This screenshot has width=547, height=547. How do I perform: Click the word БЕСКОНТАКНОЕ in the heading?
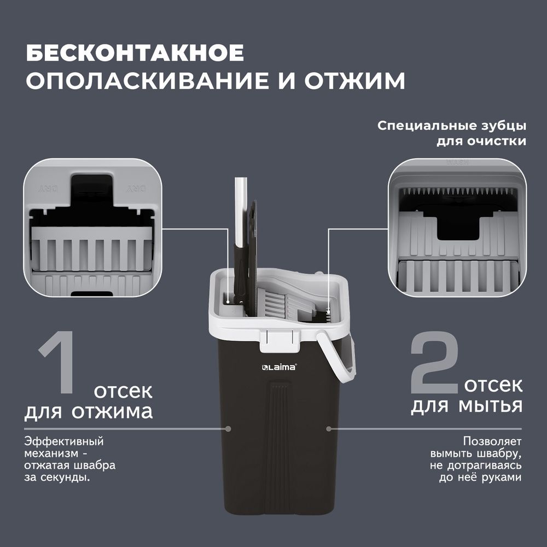point(135,54)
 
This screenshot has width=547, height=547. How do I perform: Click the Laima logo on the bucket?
point(279,367)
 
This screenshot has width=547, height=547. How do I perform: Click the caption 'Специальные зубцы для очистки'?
point(452,133)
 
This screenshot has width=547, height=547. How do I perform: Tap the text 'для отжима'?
point(89,411)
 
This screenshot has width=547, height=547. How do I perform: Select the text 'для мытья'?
point(467,406)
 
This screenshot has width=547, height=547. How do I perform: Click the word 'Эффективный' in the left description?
point(64,441)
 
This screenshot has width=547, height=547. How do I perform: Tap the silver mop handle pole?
point(240,213)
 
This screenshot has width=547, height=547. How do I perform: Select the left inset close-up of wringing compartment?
point(92,228)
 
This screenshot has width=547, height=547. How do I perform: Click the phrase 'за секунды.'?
point(57,477)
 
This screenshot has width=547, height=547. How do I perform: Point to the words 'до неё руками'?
point(480,477)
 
